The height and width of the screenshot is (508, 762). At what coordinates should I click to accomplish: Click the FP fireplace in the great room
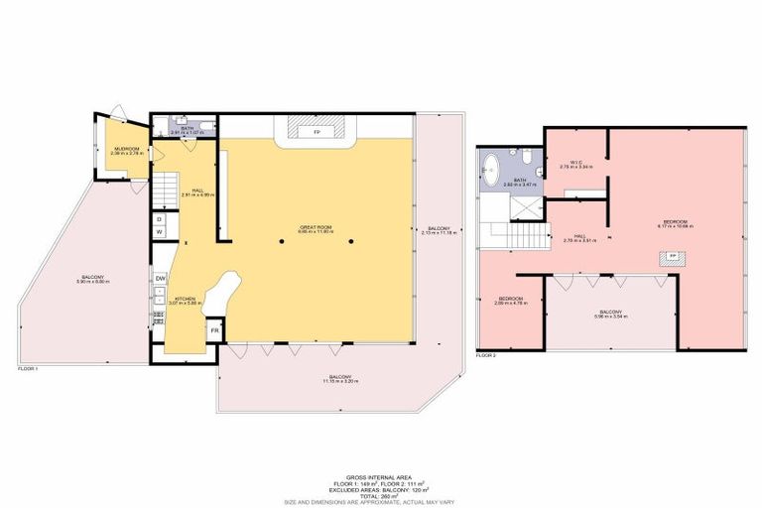(x=317, y=131)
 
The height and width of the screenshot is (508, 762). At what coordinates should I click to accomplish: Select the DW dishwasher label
(x=160, y=279)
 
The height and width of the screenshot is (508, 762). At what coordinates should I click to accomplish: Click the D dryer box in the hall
(x=159, y=218)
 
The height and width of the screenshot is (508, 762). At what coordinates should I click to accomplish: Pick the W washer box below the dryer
(x=159, y=233)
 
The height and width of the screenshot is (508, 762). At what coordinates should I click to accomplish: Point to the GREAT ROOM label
(x=315, y=228)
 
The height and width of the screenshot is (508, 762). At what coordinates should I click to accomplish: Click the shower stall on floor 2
(x=526, y=204)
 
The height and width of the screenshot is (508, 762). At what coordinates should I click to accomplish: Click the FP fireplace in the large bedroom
(x=672, y=257)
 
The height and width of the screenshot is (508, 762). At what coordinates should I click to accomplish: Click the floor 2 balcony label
(x=610, y=313)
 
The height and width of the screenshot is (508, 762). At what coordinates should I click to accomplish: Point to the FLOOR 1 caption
(x=28, y=369)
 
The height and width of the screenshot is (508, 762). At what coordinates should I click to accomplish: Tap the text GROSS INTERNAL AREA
(x=381, y=476)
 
